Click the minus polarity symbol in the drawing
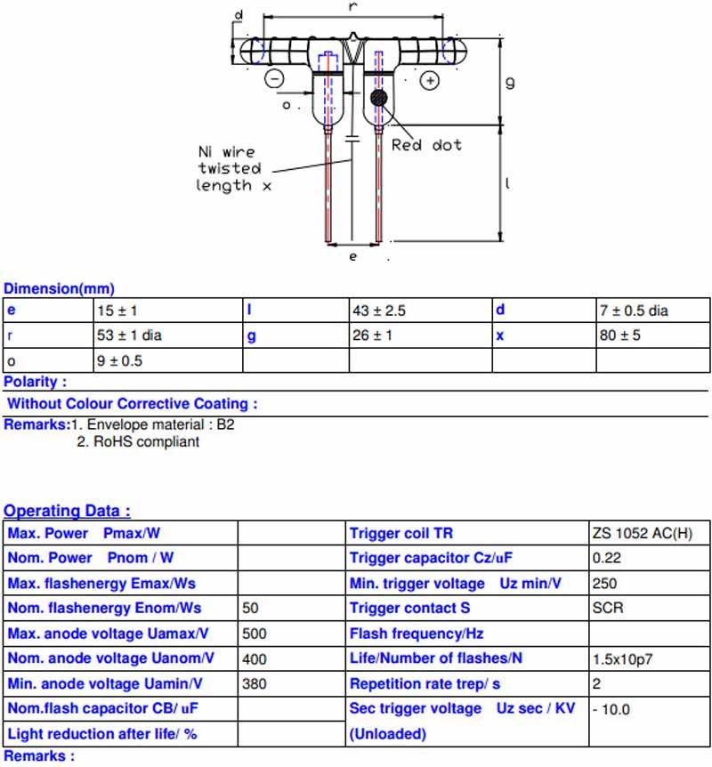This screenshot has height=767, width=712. coord(274,78)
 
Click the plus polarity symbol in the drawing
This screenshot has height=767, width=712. coord(430,80)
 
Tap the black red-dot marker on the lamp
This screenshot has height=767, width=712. coord(378,98)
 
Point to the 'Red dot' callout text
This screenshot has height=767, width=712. coord(426,145)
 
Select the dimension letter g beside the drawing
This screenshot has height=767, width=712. coord(510,82)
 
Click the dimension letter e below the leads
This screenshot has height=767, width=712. coord(352,256)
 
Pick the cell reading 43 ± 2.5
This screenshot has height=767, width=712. coord(379,311)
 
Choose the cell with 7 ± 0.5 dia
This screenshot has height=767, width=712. coord(634,311)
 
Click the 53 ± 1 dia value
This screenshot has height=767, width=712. coord(129,335)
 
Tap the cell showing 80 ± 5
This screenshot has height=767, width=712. coord(619,335)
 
